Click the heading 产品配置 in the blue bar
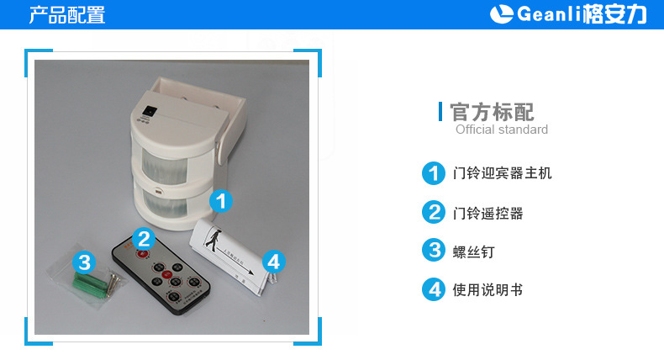(67, 15)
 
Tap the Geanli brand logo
(568, 14)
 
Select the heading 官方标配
(492, 113)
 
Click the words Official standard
(502, 130)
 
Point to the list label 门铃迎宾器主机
(503, 173)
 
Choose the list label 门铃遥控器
(487, 213)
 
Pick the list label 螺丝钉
(473, 251)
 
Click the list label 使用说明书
(487, 290)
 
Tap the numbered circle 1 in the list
(433, 173)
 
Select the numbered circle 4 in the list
(433, 289)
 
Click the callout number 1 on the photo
(220, 200)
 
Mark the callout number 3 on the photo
(84, 262)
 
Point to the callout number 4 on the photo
(273, 262)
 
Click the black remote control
(161, 275)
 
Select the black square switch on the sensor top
(149, 111)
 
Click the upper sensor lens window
(164, 166)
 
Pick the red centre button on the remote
(166, 275)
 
